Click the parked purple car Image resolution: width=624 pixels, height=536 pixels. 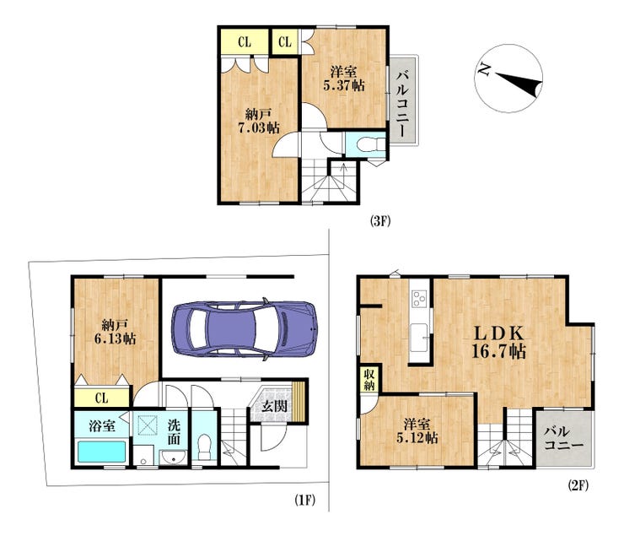point(245,329)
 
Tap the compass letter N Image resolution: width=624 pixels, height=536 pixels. point(484,70)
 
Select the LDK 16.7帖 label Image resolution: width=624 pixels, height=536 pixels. point(498,343)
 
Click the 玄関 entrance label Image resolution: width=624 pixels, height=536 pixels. point(275,406)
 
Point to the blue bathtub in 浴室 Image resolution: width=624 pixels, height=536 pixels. point(101,452)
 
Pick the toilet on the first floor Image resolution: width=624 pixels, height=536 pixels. point(205,447)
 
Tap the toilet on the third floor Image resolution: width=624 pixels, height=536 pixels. point(371,144)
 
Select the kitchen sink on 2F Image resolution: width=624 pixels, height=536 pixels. point(419,338)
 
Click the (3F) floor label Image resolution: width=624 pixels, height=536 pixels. point(380,221)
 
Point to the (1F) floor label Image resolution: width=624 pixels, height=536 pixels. point(305,500)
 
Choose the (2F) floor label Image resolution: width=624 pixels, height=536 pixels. point(578,485)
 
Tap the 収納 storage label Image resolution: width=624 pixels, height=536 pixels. point(369,380)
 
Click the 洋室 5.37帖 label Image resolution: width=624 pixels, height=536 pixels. point(344,79)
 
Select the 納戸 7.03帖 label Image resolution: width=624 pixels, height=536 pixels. point(259,122)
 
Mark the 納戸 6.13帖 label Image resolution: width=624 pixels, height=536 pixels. point(115,332)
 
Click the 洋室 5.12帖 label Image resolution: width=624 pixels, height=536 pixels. point(417,430)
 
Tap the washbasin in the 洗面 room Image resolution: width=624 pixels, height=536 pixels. point(174,457)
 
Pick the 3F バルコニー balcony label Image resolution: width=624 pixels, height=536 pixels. point(404,103)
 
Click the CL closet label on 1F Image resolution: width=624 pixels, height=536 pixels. point(102,398)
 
